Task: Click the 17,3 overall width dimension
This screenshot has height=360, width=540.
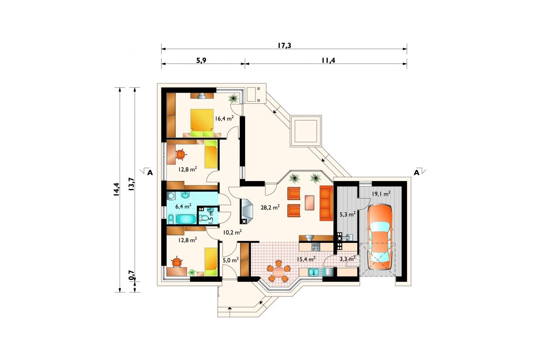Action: tap(284, 45)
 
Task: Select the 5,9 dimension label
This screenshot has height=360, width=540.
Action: tap(201, 60)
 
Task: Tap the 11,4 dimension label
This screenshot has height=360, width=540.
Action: tap(328, 60)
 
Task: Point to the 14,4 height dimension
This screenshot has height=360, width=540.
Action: tap(116, 189)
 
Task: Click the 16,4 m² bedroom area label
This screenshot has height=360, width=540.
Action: tap(224, 118)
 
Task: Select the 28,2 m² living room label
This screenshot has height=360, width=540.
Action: tap(270, 207)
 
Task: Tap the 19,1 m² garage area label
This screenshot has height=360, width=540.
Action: tap(381, 194)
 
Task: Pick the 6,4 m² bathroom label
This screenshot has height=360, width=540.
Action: tap(183, 206)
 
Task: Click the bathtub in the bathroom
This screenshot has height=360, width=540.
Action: tap(186, 219)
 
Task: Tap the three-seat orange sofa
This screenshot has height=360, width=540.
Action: tap(326, 203)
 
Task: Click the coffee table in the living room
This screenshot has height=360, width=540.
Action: tap(309, 203)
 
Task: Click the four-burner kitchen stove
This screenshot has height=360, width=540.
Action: tap(316, 247)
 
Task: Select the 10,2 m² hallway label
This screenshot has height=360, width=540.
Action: tap(232, 232)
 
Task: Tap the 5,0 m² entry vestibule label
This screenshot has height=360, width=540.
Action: tap(231, 260)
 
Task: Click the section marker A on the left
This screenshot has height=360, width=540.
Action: tap(150, 173)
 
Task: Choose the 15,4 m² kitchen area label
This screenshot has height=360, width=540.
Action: tap(306, 259)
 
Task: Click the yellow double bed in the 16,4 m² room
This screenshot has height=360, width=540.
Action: tap(202, 123)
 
